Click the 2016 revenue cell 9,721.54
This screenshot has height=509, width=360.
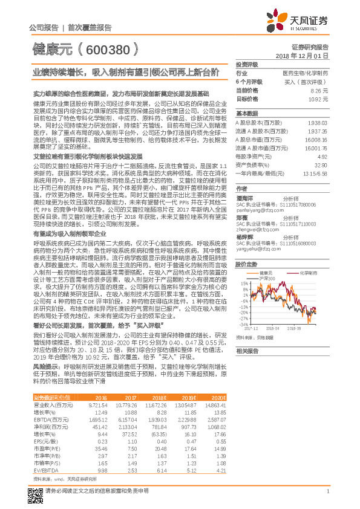click(x=97, y=404)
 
